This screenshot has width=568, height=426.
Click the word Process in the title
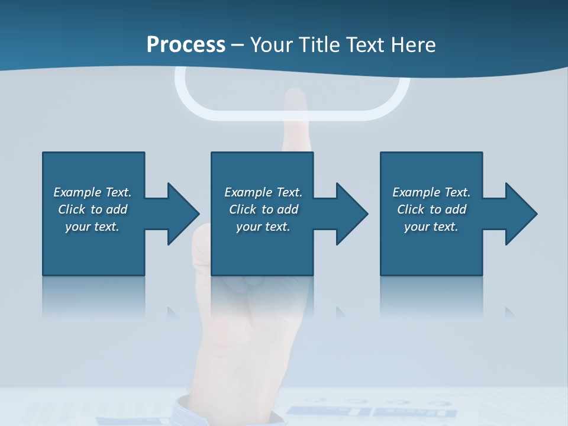[186, 44]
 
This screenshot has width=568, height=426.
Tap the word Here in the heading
[412, 44]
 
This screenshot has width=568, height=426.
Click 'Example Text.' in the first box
[92, 192]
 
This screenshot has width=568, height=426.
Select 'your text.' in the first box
[92, 227]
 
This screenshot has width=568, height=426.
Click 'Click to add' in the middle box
[263, 209]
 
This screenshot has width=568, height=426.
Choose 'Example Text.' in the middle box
[263, 192]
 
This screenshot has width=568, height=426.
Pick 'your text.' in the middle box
[263, 227]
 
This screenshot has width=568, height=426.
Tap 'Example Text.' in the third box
[431, 192]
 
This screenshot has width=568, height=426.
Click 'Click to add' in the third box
[431, 209]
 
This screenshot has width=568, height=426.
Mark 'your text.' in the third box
[431, 227]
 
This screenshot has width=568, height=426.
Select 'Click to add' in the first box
[92, 209]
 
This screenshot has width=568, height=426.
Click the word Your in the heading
[272, 44]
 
